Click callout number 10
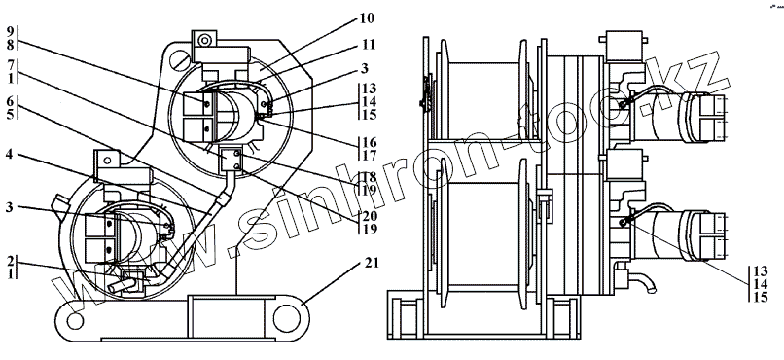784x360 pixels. point(367,19)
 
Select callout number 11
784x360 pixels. point(368,45)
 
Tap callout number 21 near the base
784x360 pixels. point(371,263)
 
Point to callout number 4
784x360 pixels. point(10,154)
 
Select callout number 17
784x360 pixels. point(370,155)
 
